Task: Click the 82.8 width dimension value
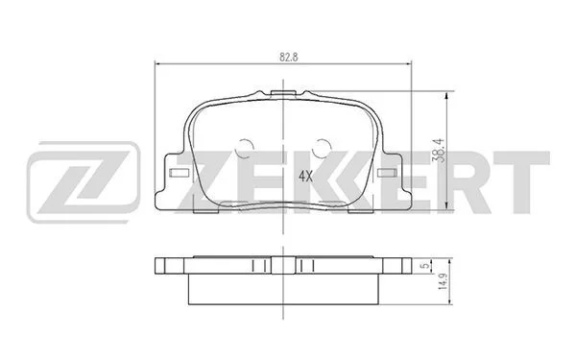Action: (x=288, y=58)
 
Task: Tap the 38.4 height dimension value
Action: (x=439, y=151)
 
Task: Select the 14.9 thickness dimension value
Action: (x=444, y=281)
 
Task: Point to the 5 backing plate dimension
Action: (x=425, y=266)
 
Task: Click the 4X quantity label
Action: (x=305, y=177)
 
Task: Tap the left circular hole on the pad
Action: (x=244, y=148)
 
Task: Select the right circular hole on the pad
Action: (x=322, y=148)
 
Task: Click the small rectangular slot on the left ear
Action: (x=179, y=173)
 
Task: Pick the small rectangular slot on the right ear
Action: (x=386, y=173)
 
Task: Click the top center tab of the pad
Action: (x=282, y=93)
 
